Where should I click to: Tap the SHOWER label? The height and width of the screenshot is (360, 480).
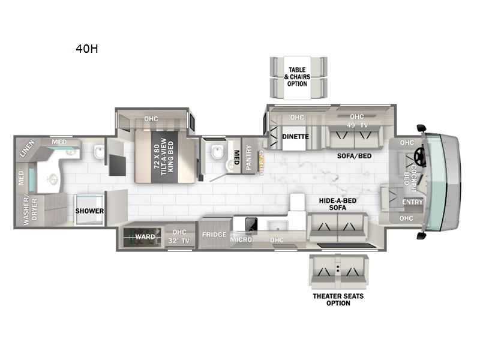pos(89,211)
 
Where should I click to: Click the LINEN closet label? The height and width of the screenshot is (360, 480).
pos(28,148)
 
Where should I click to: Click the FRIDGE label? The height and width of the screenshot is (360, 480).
pos(214,234)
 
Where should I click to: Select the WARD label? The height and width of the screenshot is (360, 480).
pos(145,236)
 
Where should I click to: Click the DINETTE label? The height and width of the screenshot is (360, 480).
pos(295,136)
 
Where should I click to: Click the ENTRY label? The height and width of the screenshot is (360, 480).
pos(412,202)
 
